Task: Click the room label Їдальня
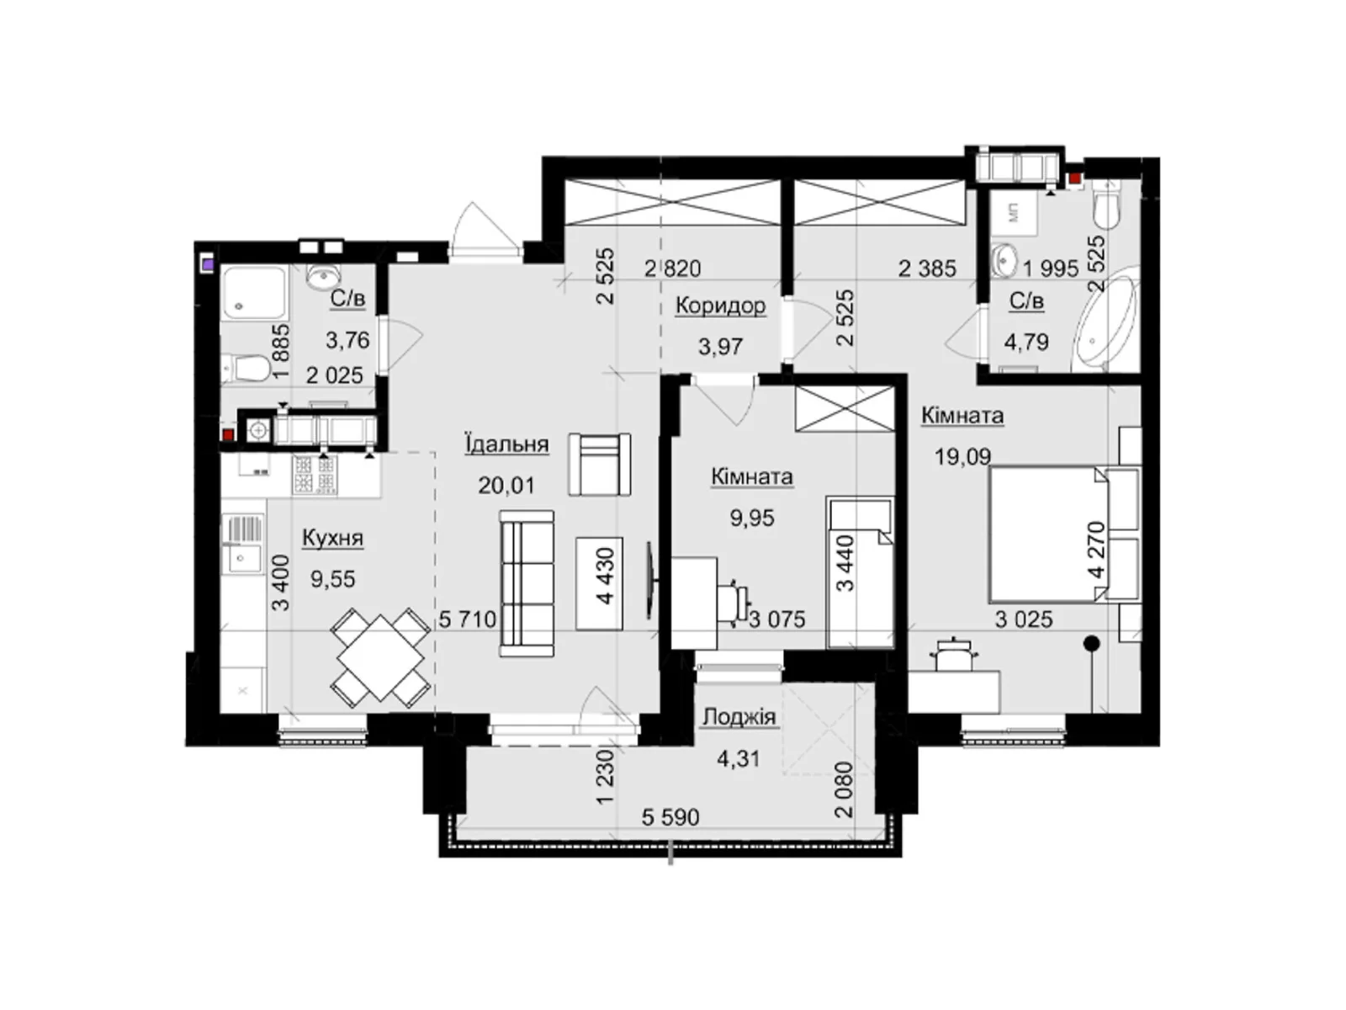(x=506, y=444)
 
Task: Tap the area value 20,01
(x=506, y=486)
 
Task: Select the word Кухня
(x=332, y=538)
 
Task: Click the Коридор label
(x=720, y=306)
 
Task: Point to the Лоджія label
(x=739, y=717)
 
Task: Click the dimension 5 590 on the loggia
(x=670, y=817)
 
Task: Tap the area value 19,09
(x=962, y=457)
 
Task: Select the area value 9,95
(x=751, y=518)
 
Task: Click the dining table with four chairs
(x=380, y=657)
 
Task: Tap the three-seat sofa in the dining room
(x=527, y=583)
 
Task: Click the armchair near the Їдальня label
(x=599, y=464)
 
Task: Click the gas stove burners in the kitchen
(x=314, y=475)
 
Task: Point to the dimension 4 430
(x=605, y=577)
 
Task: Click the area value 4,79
(x=1025, y=342)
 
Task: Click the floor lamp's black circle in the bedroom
(x=1092, y=645)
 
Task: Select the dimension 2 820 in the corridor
(x=672, y=268)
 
